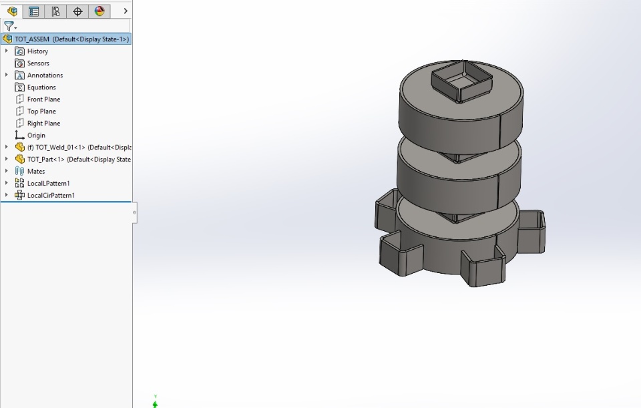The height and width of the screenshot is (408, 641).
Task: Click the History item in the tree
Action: point(37,51)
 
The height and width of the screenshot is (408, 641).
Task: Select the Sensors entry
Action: point(38,63)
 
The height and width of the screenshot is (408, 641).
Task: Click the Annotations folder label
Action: point(45,75)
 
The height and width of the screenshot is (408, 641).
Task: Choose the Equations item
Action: point(41,87)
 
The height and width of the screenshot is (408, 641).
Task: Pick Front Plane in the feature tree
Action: point(44,99)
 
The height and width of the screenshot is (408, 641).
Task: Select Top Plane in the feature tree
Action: point(41,112)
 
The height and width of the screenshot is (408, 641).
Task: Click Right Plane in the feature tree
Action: point(44,123)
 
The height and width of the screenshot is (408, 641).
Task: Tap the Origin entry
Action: point(36,135)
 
